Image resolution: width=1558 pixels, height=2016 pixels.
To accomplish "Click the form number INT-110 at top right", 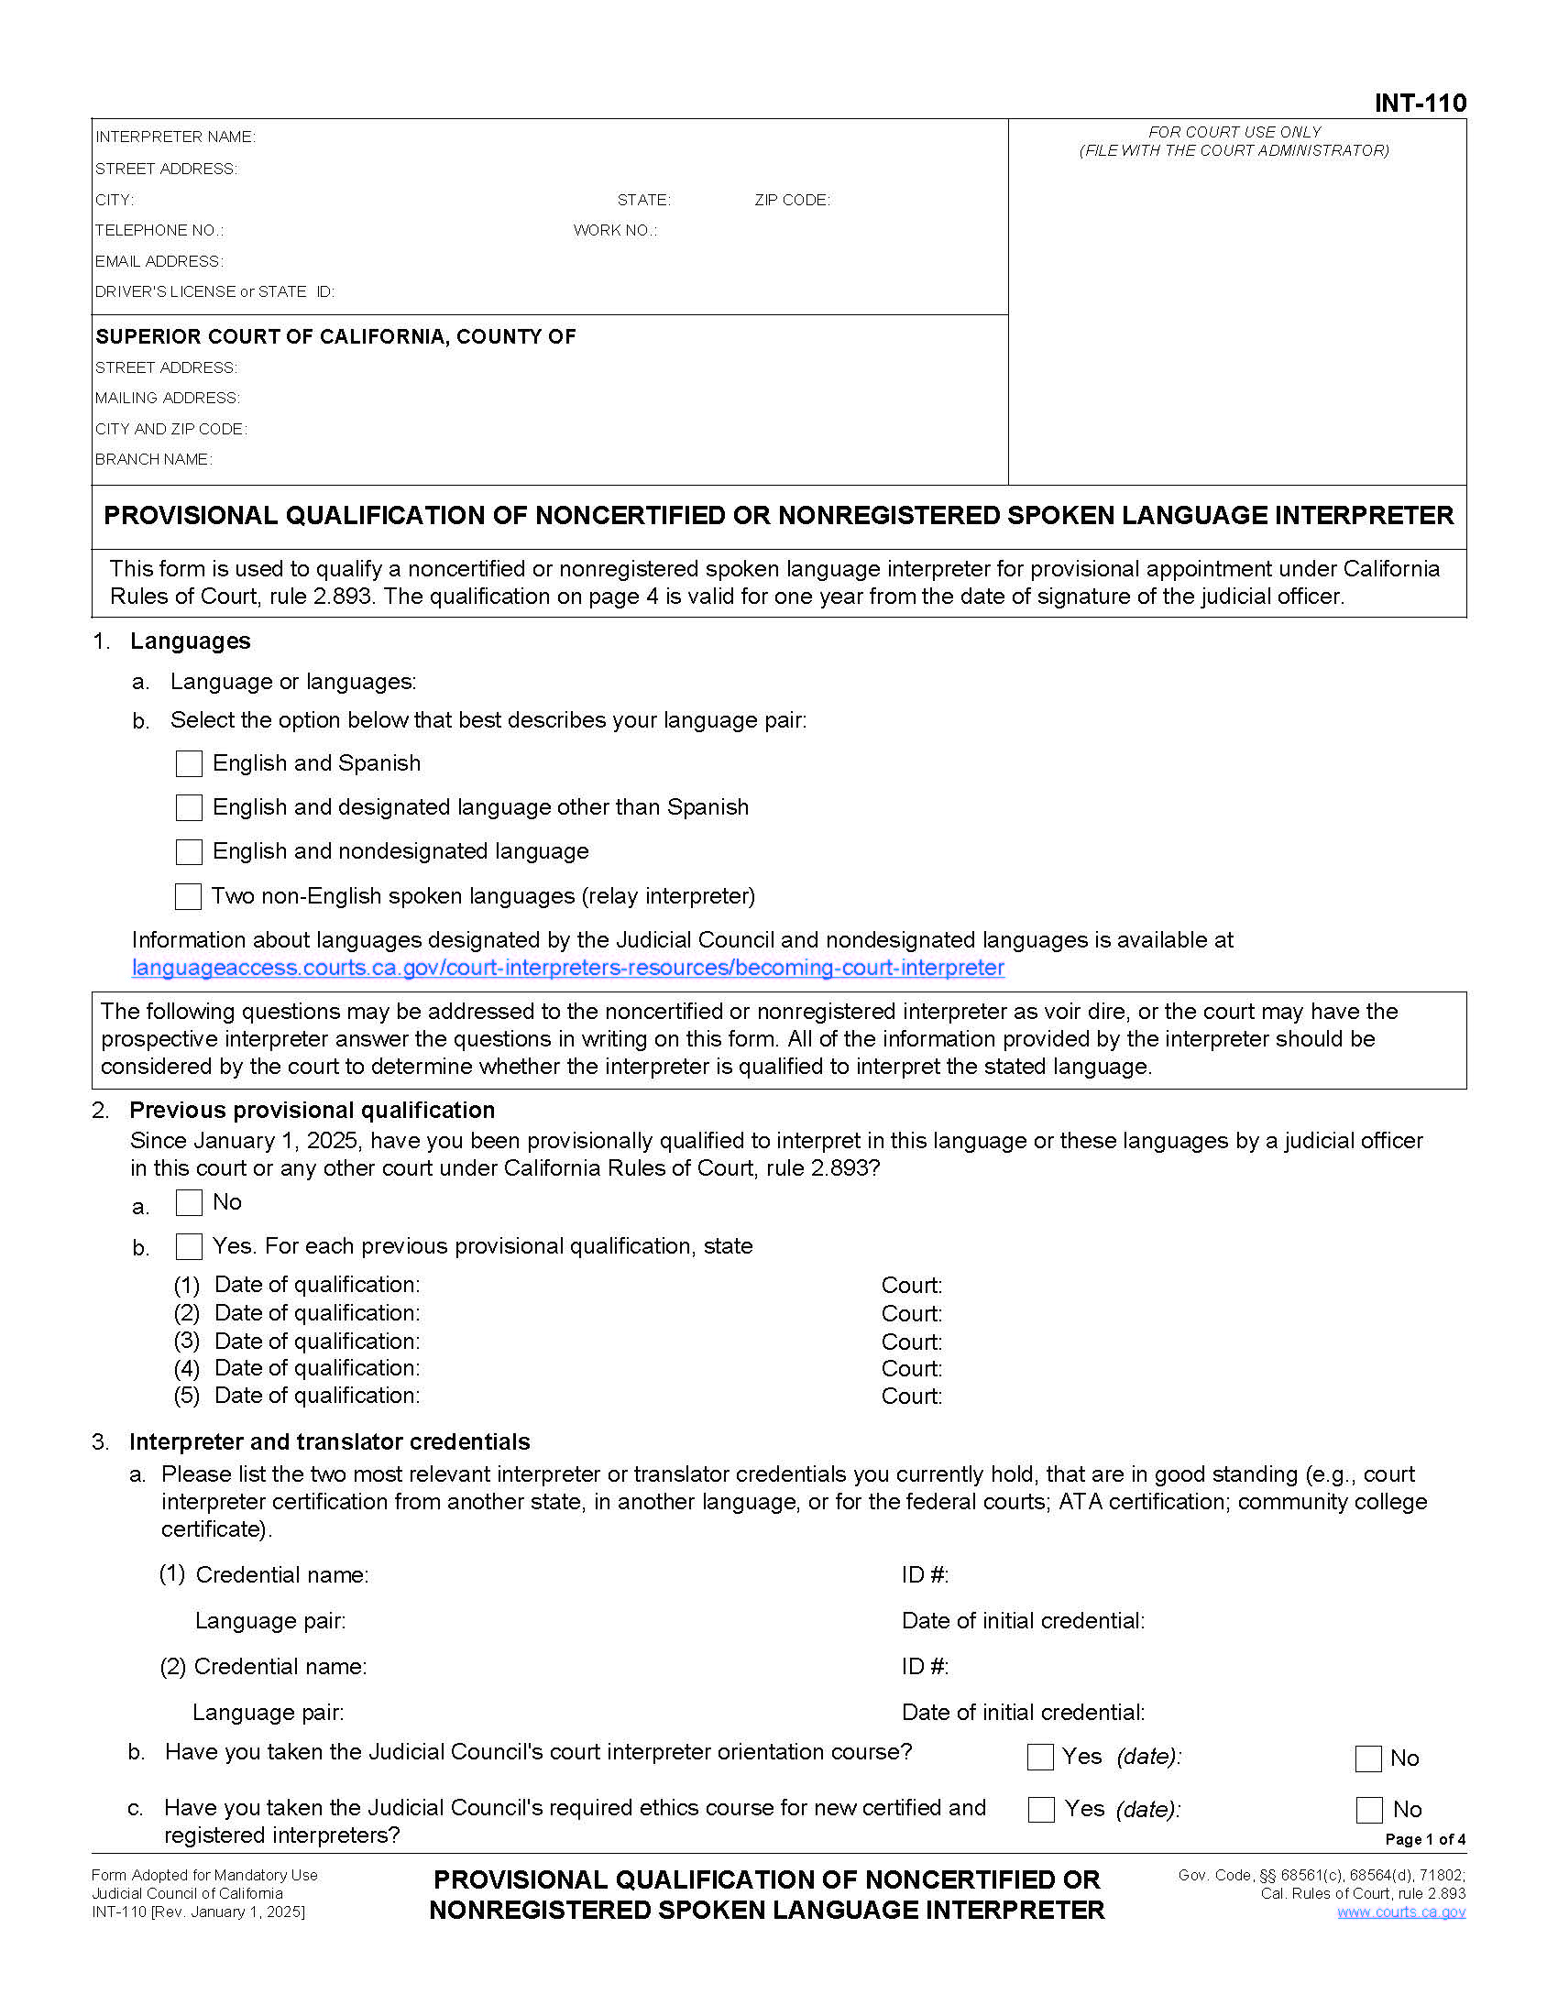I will [x=1419, y=103].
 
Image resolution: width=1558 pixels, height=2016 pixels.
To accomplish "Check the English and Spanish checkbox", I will [x=189, y=763].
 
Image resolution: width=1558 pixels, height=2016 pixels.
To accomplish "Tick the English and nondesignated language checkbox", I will [x=189, y=851].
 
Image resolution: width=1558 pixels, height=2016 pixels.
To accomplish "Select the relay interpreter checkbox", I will [x=188, y=895].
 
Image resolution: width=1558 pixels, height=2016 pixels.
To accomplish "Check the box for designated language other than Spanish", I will [x=189, y=807].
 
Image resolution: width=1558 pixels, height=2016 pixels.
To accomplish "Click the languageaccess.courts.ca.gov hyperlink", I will [x=567, y=968].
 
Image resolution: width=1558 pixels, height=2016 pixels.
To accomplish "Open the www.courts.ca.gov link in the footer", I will [x=1400, y=1911].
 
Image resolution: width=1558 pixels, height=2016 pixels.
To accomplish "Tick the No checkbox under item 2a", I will [x=189, y=1202].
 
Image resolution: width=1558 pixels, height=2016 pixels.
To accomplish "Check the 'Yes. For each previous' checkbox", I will [x=189, y=1246].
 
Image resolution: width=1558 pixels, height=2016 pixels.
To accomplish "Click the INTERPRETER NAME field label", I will [x=175, y=137].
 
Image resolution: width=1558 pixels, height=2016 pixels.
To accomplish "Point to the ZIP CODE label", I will [x=792, y=201].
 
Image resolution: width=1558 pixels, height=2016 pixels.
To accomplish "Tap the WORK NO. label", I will [x=615, y=231].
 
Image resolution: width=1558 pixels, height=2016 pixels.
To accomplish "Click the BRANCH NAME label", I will [x=153, y=460].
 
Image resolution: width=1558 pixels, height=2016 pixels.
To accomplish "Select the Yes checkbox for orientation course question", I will [x=1040, y=1757].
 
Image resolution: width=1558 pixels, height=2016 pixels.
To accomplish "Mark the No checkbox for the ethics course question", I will [x=1369, y=1809].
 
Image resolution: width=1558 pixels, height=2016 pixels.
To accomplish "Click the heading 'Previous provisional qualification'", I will [x=312, y=1110].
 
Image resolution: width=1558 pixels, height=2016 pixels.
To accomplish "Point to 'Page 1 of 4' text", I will [x=1424, y=1839].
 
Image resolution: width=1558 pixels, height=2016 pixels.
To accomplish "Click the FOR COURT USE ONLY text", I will [x=1234, y=132].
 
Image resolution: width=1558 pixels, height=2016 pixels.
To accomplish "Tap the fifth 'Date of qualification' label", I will [x=316, y=1395].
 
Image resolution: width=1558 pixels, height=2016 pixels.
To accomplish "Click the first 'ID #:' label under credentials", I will [x=925, y=1574].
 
